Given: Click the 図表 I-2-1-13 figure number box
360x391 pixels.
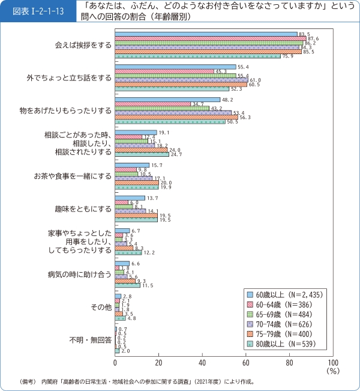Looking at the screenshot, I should [x=38, y=10].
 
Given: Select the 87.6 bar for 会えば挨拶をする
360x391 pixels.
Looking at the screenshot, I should [x=210, y=38].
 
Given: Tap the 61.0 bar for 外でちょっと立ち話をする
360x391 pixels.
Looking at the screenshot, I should [x=181, y=80].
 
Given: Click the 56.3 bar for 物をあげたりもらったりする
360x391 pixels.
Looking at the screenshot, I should [x=176, y=117].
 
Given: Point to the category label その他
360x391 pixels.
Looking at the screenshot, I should [x=101, y=307].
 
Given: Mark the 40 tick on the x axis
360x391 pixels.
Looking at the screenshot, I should [x=202, y=363].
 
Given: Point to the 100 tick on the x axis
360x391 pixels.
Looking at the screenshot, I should [x=333, y=363].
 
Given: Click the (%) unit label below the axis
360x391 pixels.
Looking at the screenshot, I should [x=333, y=372].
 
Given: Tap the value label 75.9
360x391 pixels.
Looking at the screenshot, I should [x=287, y=56].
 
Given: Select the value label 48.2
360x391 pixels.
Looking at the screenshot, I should [x=227, y=99].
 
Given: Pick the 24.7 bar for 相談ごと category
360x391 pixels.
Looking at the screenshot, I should [x=142, y=154].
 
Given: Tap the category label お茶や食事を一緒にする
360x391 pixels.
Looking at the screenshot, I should [x=73, y=177].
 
